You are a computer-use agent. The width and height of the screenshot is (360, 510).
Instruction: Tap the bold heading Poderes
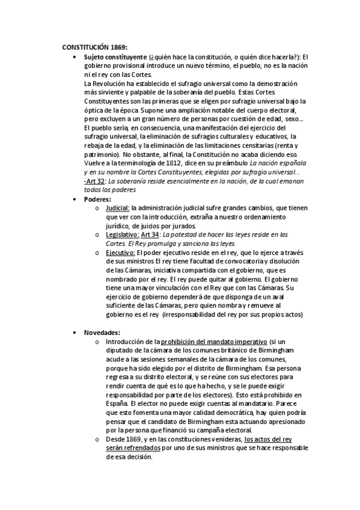[97, 199]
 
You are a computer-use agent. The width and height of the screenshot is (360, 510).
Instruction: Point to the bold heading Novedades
[102, 332]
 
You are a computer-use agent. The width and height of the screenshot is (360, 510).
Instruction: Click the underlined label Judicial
[117, 208]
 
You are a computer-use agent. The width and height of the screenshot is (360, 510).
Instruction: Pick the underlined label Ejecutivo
[120, 253]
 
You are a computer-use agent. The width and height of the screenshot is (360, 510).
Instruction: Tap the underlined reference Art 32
[95, 180]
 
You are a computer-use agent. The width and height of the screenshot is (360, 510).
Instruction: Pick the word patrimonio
[102, 154]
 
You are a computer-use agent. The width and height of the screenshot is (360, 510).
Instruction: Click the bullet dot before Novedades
[73, 333]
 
